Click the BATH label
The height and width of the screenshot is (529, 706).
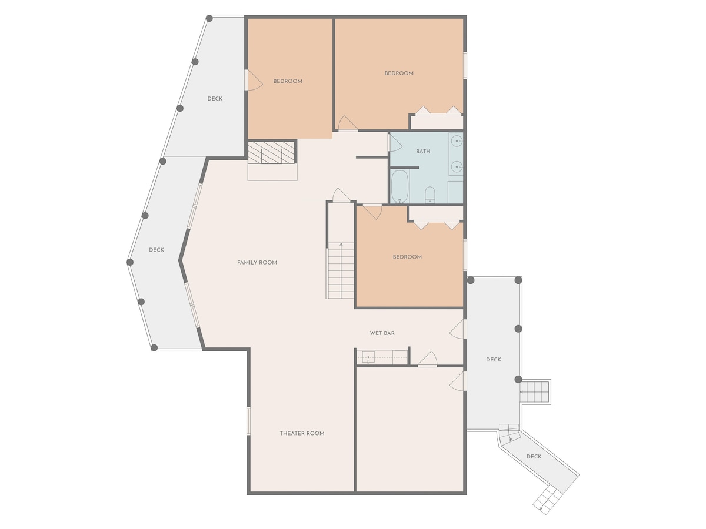(x=422, y=151)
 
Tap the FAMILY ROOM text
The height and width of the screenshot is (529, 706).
(x=257, y=262)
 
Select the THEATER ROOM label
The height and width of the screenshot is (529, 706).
(x=302, y=433)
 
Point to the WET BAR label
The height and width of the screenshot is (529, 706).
(x=382, y=333)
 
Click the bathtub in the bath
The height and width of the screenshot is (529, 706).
(x=400, y=186)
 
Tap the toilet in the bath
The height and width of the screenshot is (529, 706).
(x=429, y=195)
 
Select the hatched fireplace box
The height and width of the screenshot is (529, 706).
(x=271, y=152)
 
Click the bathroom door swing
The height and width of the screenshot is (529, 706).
(x=395, y=143)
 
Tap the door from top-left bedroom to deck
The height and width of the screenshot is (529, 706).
(x=254, y=80)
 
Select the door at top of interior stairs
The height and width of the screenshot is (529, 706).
(x=341, y=195)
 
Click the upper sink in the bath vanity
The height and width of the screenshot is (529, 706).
(x=457, y=140)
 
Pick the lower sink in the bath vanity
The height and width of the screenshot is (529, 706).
(x=457, y=166)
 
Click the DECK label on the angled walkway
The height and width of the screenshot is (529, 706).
(x=534, y=457)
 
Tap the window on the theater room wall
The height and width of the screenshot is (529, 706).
(x=248, y=421)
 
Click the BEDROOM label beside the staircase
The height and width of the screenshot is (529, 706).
(x=407, y=257)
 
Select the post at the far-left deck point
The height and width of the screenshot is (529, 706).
(x=130, y=262)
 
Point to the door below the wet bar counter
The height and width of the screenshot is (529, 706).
(x=428, y=359)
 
